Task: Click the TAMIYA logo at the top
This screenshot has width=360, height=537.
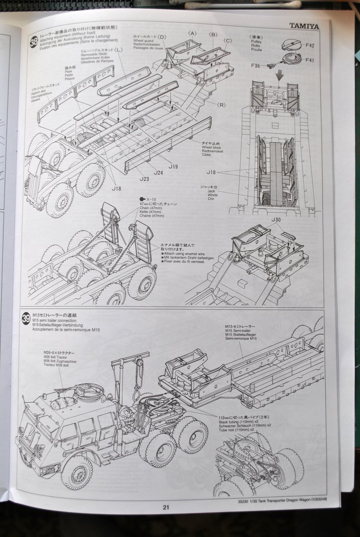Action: [304, 26]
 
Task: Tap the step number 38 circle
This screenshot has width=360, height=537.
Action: [34, 42]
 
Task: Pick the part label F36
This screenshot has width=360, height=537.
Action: [256, 66]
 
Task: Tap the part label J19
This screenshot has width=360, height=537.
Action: [173, 166]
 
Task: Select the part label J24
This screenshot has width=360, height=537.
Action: [158, 172]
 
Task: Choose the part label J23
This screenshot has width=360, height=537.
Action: [144, 179]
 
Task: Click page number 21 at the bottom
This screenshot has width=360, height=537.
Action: [166, 507]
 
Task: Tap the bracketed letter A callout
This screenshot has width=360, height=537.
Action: [192, 34]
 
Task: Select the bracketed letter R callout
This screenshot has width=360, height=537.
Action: [221, 104]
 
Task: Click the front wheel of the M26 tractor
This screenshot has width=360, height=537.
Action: [77, 472]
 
